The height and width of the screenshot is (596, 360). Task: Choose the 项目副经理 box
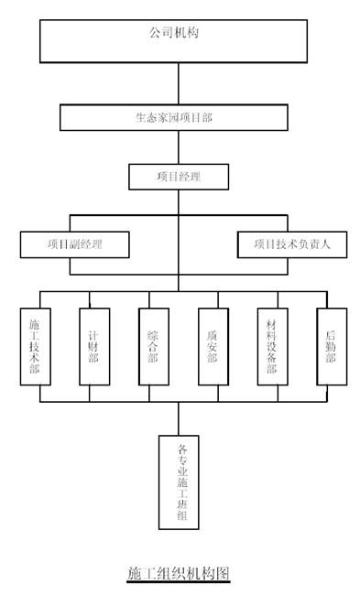75,244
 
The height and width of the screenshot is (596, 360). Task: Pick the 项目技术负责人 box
292,244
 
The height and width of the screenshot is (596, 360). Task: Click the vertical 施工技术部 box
35,344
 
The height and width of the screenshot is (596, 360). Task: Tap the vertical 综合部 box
153,344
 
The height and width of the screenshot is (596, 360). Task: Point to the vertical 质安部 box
212,344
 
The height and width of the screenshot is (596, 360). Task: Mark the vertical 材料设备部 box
272,344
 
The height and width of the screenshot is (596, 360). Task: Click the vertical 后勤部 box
331,344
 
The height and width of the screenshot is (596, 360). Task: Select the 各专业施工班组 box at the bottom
180,482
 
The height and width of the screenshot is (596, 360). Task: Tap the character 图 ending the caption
222,574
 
